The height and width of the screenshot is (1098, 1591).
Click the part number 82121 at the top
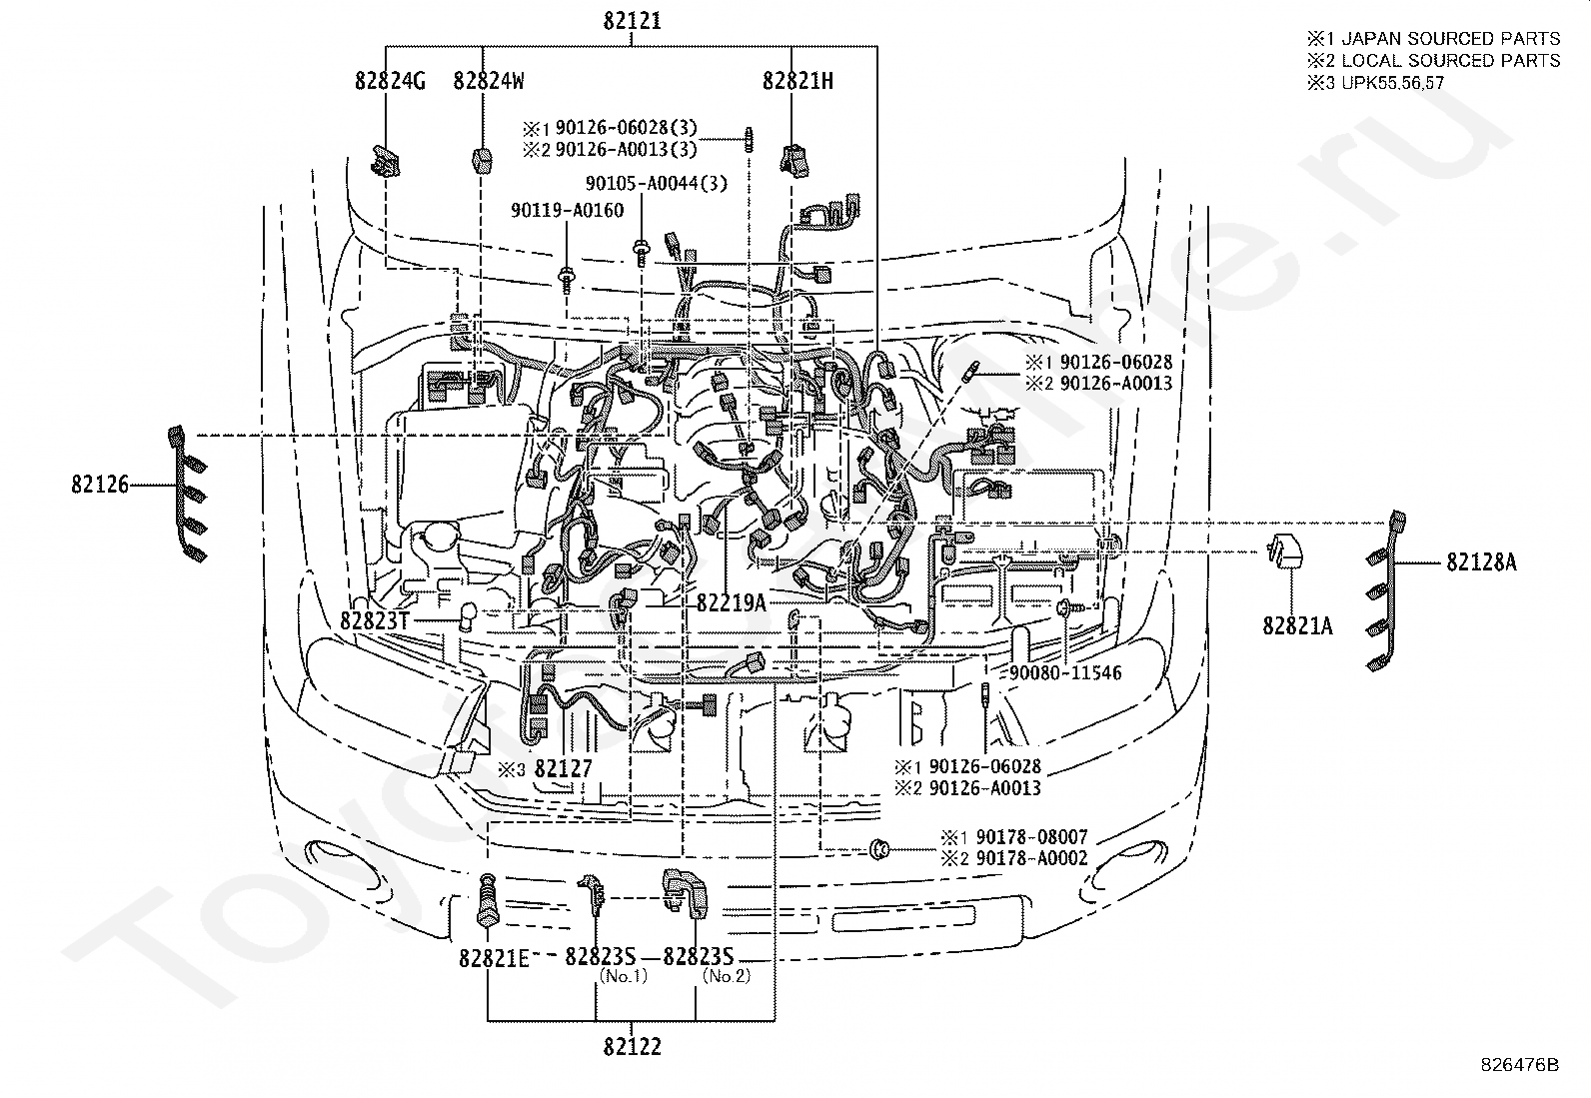pyautogui.click(x=632, y=21)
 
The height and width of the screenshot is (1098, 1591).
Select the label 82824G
pyautogui.click(x=390, y=81)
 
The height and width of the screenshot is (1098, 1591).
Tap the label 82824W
pyautogui.click(x=489, y=81)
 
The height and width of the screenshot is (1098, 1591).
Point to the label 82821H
pyautogui.click(x=797, y=81)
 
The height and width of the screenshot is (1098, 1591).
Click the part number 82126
pyautogui.click(x=100, y=485)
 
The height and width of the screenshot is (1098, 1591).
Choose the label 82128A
pyautogui.click(x=1481, y=562)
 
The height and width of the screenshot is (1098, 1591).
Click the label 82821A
pyautogui.click(x=1297, y=626)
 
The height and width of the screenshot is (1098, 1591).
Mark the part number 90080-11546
pyautogui.click(x=1065, y=672)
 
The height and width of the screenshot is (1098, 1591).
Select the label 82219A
pyautogui.click(x=731, y=601)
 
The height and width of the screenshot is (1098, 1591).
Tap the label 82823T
pyautogui.click(x=375, y=620)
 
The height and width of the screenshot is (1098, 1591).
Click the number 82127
pyautogui.click(x=564, y=768)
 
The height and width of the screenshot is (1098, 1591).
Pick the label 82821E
pyautogui.click(x=494, y=957)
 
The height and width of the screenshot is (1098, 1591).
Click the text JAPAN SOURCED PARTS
pyautogui.click(x=1450, y=39)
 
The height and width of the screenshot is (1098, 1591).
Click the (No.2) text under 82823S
pyautogui.click(x=727, y=975)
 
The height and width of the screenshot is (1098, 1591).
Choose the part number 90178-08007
pyautogui.click(x=1031, y=837)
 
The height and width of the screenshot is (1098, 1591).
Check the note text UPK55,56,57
pyautogui.click(x=1392, y=83)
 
